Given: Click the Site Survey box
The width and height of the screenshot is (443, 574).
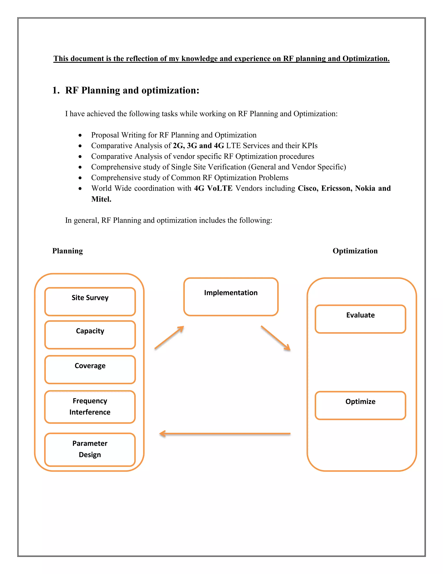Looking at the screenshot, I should pos(90,302).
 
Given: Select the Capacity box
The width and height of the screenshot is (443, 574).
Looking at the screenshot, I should pos(90,335).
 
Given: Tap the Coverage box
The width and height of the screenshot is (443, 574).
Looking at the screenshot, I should pos(90,369).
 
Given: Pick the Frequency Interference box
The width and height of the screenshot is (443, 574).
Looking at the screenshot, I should pos(90,407).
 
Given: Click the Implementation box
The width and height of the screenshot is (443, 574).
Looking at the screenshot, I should pos(231,297).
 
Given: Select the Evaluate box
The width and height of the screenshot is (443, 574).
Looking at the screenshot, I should pos(360,319).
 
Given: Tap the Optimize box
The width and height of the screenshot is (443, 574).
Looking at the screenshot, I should pos(360,405).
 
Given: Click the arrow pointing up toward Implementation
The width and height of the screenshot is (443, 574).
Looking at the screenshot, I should pos(169,337).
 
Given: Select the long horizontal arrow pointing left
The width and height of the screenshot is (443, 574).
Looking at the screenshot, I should pos(225,433).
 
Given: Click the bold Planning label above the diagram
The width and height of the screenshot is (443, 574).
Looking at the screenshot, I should pos(67,251).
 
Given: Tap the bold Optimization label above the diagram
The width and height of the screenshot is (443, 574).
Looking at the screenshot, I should pos(355,251).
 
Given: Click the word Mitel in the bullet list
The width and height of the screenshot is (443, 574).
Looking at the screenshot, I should pos(101,199).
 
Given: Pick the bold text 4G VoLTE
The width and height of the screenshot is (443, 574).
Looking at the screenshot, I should pos(213,188).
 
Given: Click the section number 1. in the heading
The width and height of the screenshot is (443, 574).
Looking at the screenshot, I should pos(56,90).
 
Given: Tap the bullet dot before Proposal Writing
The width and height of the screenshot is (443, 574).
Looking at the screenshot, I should pos(80,135).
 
